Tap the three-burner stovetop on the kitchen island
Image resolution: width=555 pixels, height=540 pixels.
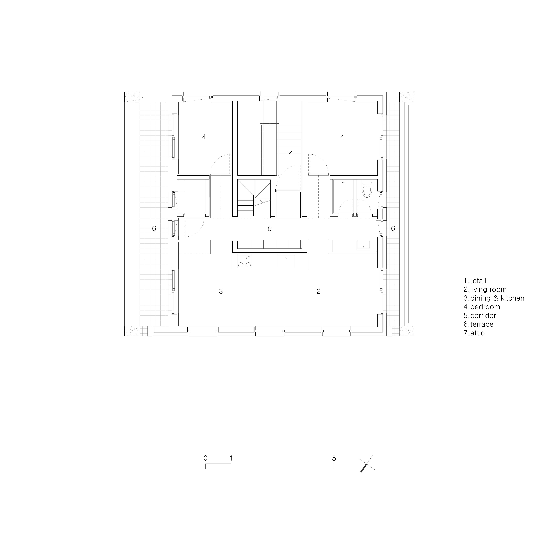click(245, 262)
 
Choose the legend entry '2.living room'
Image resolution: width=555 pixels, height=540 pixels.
click(485, 290)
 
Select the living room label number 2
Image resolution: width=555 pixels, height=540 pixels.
click(318, 291)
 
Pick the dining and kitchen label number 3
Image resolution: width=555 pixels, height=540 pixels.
click(221, 291)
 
